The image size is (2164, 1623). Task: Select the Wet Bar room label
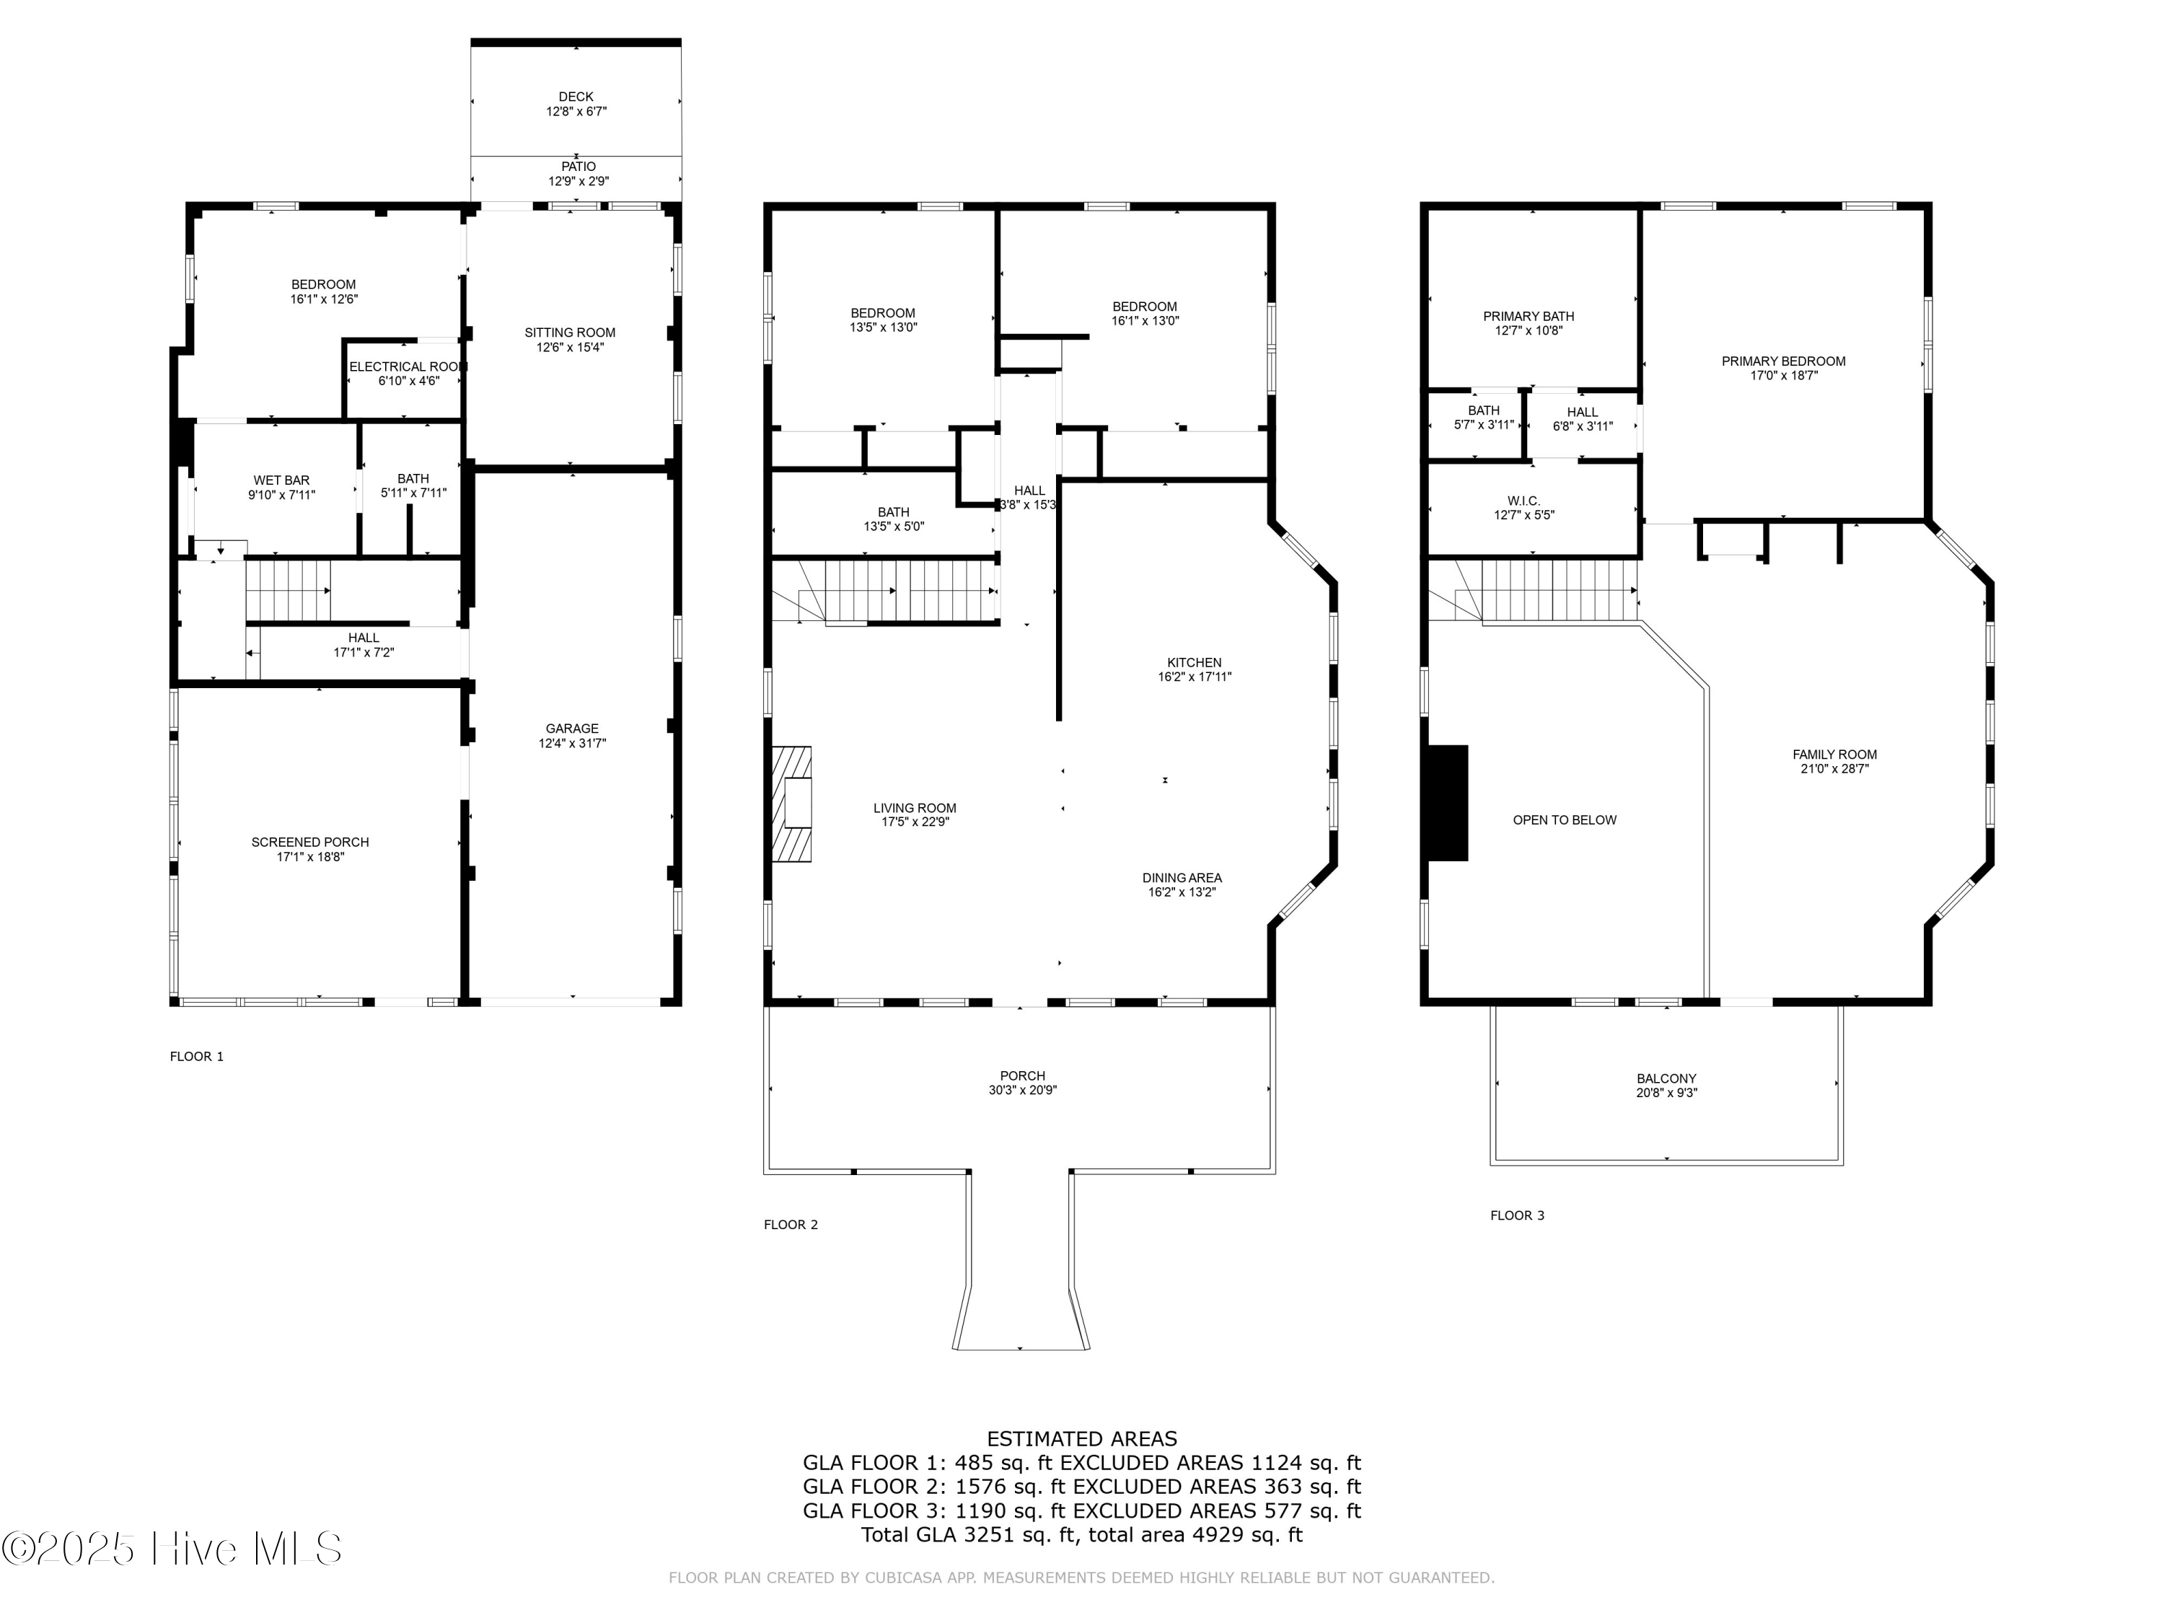click(x=282, y=480)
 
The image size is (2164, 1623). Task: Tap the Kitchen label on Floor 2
click(x=1194, y=662)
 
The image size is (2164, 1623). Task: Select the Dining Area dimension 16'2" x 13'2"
click(x=1182, y=892)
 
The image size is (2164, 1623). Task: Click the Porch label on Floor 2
click(x=1022, y=1076)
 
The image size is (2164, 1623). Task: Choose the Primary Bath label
click(x=1528, y=316)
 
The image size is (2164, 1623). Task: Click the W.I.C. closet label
click(x=1523, y=501)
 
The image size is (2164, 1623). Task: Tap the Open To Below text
click(x=1565, y=820)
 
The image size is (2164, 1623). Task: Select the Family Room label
click(x=1834, y=755)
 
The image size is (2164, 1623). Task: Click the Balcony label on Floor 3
click(x=1666, y=1079)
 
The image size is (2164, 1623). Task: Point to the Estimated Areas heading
click(x=1082, y=1439)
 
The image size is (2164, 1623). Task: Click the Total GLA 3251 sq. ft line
click(x=1082, y=1534)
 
